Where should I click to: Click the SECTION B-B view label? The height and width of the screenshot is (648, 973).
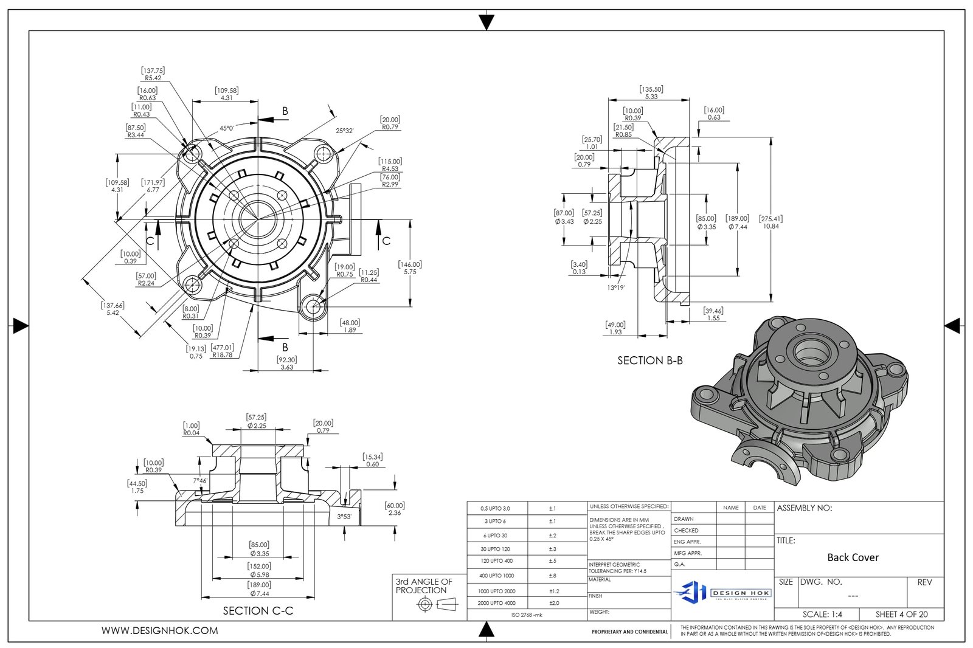point(649,360)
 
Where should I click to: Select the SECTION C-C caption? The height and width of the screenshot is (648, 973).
point(258,610)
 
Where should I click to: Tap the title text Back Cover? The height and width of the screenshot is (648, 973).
point(853,557)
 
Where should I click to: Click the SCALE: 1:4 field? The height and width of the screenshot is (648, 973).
point(822,614)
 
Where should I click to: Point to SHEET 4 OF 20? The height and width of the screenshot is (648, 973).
point(901,614)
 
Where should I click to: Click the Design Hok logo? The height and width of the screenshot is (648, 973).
point(722,591)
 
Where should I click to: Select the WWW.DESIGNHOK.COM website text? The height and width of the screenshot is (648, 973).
point(159,631)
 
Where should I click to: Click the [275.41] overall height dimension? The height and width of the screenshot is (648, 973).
point(770,222)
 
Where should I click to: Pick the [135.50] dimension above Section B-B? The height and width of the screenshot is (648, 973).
point(651,92)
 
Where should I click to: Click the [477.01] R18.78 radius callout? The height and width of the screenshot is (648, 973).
point(223,351)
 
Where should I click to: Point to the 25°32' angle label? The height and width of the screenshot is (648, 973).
point(344,130)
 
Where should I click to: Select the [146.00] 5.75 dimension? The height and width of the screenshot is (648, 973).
point(410,268)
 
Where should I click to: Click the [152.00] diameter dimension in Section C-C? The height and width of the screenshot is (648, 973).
point(260,570)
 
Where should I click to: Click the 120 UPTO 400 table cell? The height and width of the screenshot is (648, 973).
point(496,561)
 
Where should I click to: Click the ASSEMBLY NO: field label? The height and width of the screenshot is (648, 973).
point(804,508)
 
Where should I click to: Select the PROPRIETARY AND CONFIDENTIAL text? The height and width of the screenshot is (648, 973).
point(629,632)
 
